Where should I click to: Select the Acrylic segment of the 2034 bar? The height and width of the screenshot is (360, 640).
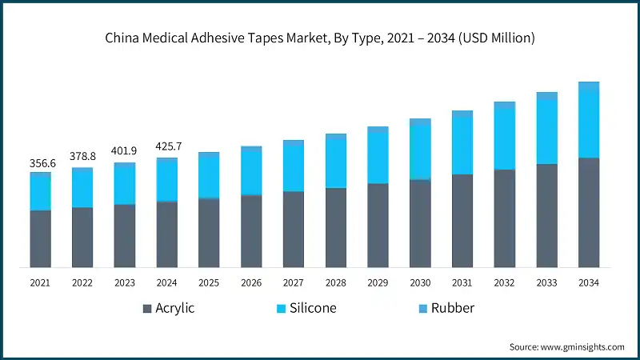(x=589, y=212)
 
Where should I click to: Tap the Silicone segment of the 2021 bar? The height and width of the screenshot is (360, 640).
(x=40, y=193)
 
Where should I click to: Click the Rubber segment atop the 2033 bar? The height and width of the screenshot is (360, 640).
(x=546, y=96)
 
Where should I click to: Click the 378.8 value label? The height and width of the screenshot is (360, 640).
(x=82, y=157)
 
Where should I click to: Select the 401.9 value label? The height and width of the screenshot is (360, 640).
(x=125, y=151)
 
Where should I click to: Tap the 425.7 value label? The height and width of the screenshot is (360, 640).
(x=167, y=146)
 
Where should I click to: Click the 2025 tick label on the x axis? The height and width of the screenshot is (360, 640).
(x=209, y=282)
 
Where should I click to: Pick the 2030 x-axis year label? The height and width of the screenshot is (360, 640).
(x=420, y=282)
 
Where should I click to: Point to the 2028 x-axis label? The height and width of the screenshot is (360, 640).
(x=336, y=282)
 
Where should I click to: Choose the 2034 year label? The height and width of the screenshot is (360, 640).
(x=589, y=282)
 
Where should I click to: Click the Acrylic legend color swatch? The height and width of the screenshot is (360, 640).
(x=146, y=308)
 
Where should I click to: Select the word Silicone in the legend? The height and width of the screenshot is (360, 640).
(x=314, y=308)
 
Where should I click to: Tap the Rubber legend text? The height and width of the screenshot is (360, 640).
(x=453, y=308)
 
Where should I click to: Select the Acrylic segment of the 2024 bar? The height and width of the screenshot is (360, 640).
(x=167, y=234)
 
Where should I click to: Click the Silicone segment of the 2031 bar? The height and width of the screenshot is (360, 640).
(x=462, y=146)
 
